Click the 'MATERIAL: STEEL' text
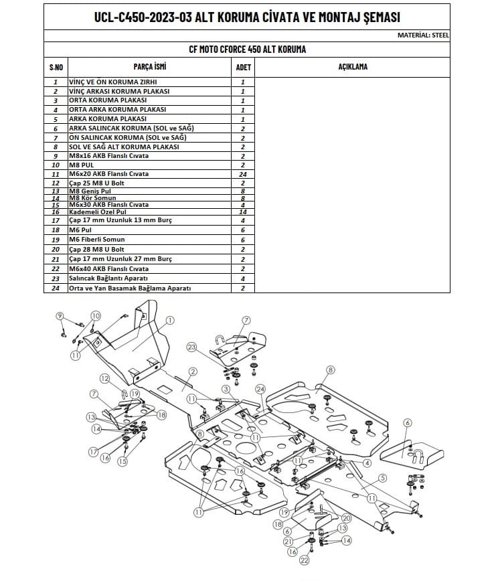(423, 35)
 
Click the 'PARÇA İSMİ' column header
(150, 67)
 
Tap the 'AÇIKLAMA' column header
(353, 67)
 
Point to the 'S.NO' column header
(56, 68)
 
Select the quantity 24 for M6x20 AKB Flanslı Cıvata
(242, 174)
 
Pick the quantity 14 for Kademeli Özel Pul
(242, 212)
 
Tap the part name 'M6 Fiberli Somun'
(96, 239)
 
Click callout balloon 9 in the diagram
(60, 316)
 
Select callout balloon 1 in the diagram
(170, 321)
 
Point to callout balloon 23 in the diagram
(193, 347)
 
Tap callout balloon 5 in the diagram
(382, 477)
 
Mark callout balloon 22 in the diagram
(304, 560)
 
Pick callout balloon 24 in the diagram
(260, 389)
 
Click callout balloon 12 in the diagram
(105, 379)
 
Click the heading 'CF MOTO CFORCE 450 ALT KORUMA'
(248, 50)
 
